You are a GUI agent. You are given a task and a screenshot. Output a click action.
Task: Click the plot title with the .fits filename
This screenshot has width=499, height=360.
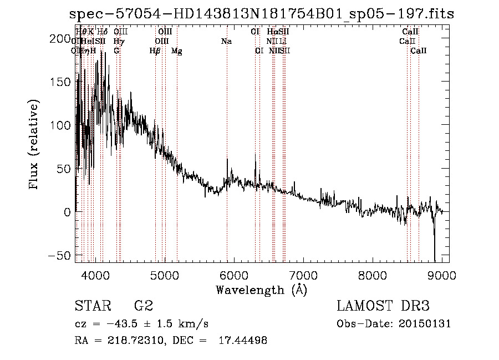[x=261, y=14]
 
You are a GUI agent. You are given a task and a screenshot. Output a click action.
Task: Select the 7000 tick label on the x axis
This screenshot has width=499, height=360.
[x=303, y=276]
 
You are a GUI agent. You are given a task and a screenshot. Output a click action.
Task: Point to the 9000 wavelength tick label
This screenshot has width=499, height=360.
[x=442, y=276]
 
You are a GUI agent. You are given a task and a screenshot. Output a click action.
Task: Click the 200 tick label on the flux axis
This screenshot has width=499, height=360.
[x=58, y=38]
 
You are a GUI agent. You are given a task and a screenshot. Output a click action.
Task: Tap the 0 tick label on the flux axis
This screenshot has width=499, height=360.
[x=67, y=212]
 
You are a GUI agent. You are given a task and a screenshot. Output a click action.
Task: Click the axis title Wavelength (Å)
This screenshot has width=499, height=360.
[x=261, y=290]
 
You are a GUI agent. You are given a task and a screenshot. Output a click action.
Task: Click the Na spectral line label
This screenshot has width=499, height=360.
[x=226, y=42]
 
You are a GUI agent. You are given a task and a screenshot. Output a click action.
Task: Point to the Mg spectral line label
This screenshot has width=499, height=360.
[x=176, y=51]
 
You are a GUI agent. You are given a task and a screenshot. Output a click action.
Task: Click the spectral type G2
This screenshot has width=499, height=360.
[x=144, y=306]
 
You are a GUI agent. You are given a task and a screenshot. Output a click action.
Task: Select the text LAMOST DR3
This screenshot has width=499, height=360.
[x=383, y=306]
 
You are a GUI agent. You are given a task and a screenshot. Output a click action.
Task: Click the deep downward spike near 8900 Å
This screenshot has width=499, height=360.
[x=435, y=244]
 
